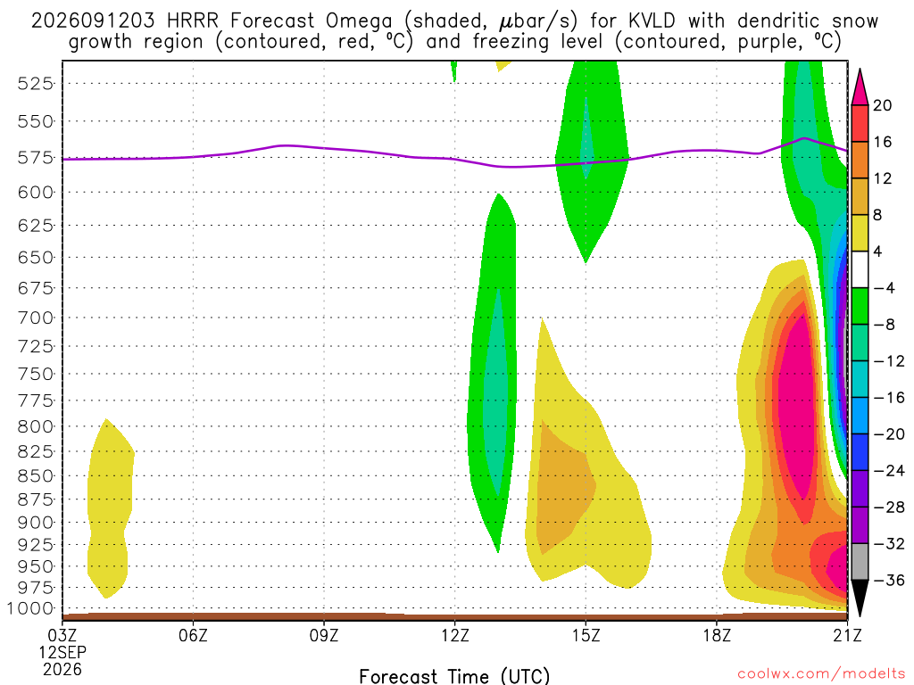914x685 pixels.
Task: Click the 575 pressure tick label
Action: click(x=35, y=158)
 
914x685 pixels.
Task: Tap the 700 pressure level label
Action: click(x=35, y=318)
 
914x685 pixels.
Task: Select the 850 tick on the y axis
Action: click(x=35, y=476)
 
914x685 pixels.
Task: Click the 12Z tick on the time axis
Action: click(x=454, y=635)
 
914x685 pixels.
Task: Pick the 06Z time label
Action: click(x=193, y=635)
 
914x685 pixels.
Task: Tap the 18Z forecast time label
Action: click(x=717, y=635)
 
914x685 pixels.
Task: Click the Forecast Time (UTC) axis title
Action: click(x=454, y=676)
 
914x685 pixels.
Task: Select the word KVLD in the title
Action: click(x=652, y=21)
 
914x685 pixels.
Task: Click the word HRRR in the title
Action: click(x=193, y=21)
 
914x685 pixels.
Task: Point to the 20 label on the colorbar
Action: click(x=883, y=105)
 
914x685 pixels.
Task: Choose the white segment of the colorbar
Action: click(x=860, y=269)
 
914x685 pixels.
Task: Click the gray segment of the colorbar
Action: click(x=860, y=562)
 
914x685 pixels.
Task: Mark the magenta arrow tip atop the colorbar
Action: click(x=860, y=70)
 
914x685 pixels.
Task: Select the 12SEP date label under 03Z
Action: click(x=62, y=652)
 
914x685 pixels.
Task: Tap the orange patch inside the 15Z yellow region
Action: click(x=563, y=488)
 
